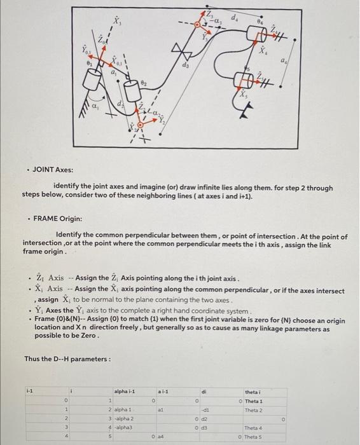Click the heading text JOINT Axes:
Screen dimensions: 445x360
tap(53, 170)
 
